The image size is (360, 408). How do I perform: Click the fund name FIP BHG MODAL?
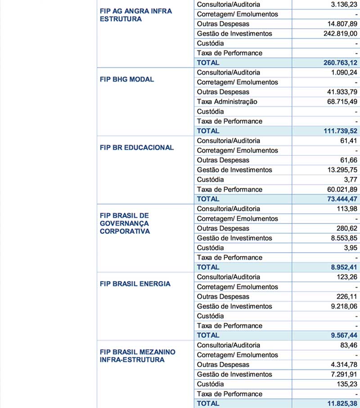(127, 79)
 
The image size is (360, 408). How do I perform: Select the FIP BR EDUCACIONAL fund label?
(137, 148)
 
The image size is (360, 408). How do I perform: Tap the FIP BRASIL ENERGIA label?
(135, 284)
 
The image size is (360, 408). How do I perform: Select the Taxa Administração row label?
(227, 102)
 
